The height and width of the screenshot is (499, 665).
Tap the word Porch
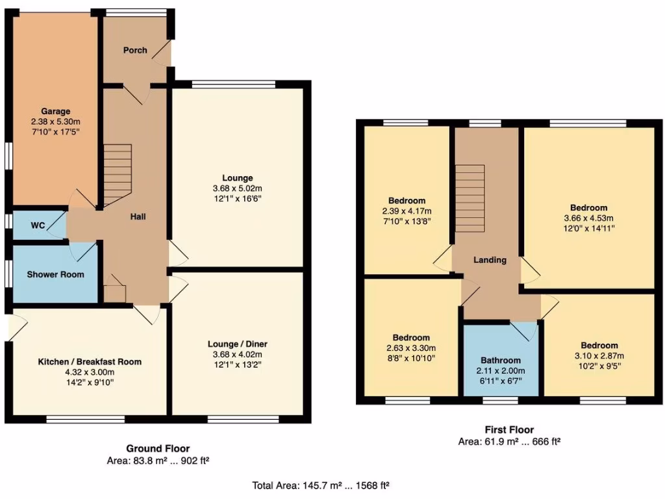pyautogui.click(x=135, y=50)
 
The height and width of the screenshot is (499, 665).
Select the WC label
pyautogui.click(x=38, y=225)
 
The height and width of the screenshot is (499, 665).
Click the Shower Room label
pyautogui.click(x=55, y=274)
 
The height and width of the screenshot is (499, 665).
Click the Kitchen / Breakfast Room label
pyautogui.click(x=90, y=361)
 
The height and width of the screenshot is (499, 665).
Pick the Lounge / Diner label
pyautogui.click(x=238, y=344)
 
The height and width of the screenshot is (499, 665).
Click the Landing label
pyautogui.click(x=490, y=260)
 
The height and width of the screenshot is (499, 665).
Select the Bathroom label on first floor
pyautogui.click(x=501, y=360)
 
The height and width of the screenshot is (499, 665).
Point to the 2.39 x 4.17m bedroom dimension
pyautogui.click(x=407, y=211)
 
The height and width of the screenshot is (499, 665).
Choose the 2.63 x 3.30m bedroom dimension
pyautogui.click(x=411, y=348)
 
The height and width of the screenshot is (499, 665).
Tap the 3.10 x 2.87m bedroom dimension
pyautogui.click(x=599, y=355)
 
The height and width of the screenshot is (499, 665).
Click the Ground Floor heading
pyautogui.click(x=158, y=448)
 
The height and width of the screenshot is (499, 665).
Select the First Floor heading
pyautogui.click(x=509, y=429)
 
